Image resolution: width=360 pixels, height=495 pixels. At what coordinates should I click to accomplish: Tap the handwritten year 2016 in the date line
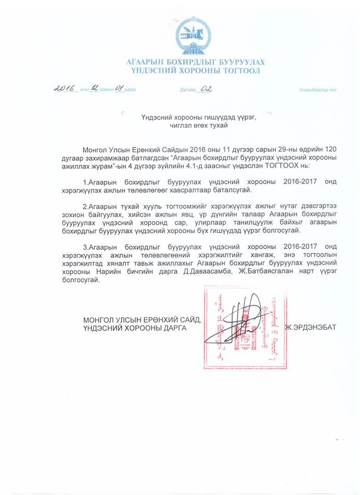65,88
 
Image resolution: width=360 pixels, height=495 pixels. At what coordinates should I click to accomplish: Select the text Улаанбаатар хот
318,90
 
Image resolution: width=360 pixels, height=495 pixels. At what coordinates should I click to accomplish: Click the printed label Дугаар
188,90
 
